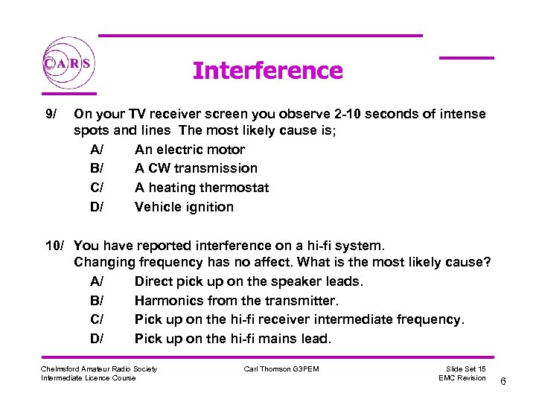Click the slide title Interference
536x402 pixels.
click(x=267, y=71)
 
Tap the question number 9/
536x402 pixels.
click(x=51, y=114)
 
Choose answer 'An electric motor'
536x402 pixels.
click(x=190, y=150)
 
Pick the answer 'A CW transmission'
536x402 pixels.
click(x=196, y=168)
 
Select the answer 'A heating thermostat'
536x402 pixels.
click(x=202, y=188)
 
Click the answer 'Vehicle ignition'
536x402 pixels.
click(x=184, y=207)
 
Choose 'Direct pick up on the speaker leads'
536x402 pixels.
click(x=249, y=281)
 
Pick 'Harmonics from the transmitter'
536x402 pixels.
click(x=237, y=301)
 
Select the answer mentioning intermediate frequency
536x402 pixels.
click(x=299, y=319)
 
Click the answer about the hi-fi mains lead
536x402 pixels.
click(x=233, y=339)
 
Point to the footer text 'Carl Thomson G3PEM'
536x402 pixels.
click(x=281, y=368)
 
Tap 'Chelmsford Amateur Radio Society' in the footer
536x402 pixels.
click(x=99, y=368)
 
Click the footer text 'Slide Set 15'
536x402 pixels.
click(x=465, y=368)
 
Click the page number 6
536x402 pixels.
click(x=503, y=382)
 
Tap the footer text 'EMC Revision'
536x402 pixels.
click(x=462, y=378)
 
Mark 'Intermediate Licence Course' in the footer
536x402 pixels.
click(x=89, y=378)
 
